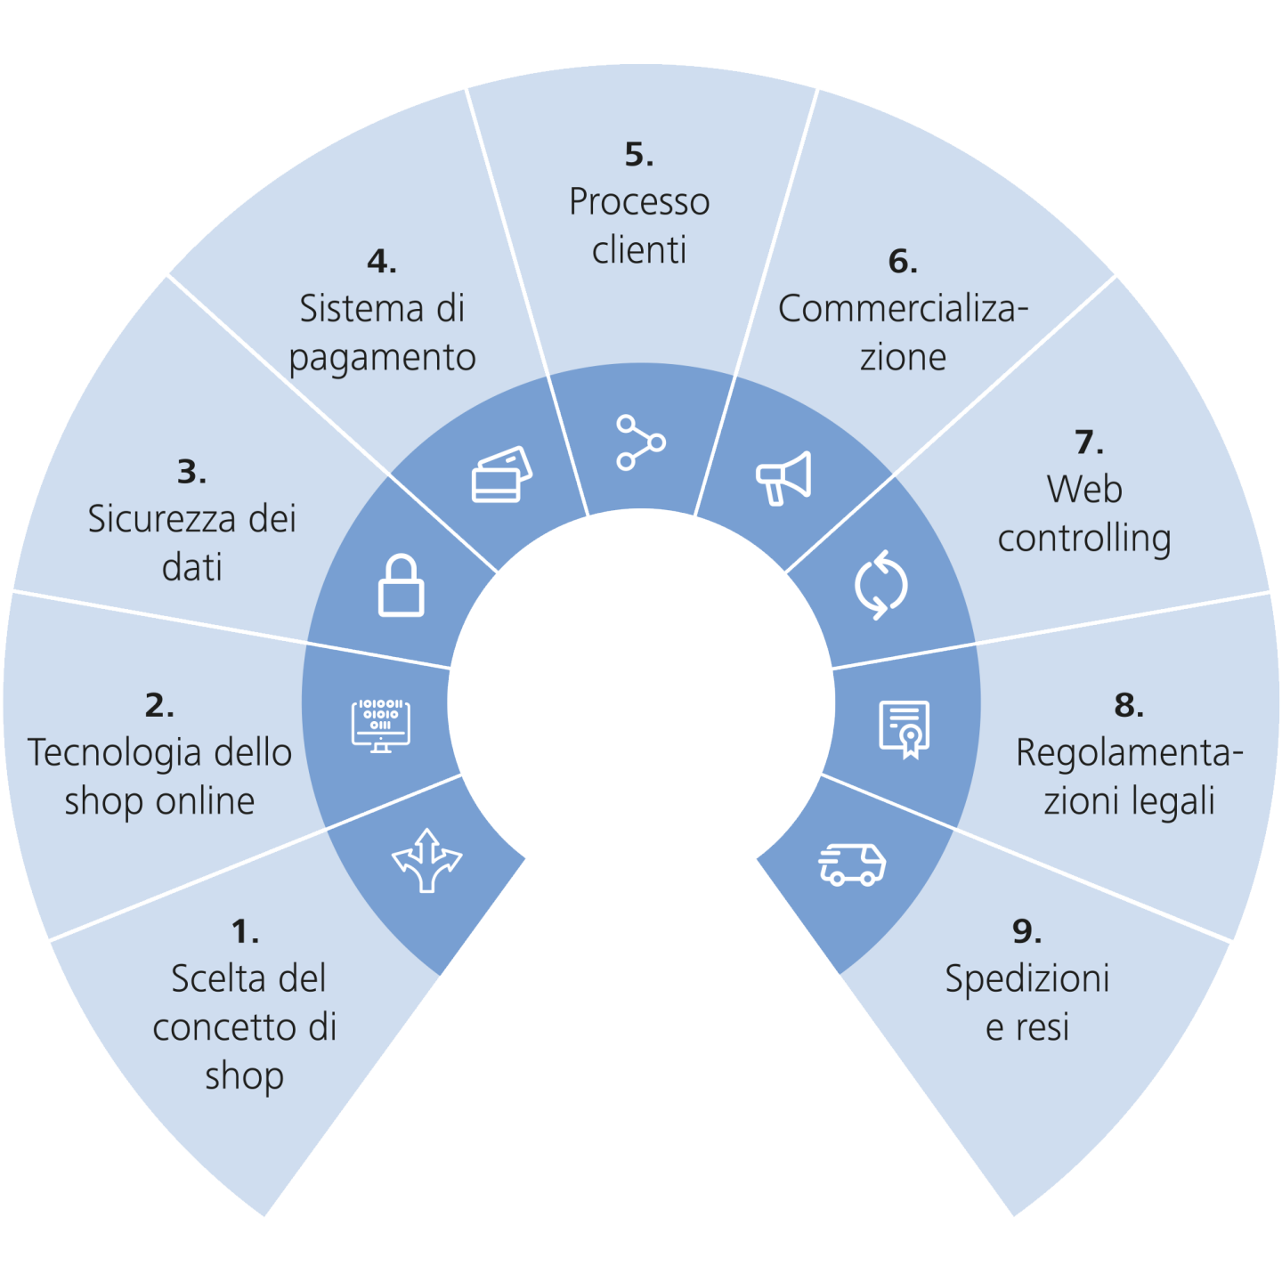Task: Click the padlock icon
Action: pyautogui.click(x=401, y=586)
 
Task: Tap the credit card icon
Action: pyautogui.click(x=501, y=475)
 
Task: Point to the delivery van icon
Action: pyautogui.click(x=852, y=864)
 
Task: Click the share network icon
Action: pyautogui.click(x=640, y=442)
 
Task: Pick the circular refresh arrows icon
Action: pyautogui.click(x=880, y=585)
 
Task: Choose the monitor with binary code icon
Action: pyautogui.click(x=381, y=725)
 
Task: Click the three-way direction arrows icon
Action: pyautogui.click(x=427, y=860)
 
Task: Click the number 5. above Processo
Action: pyautogui.click(x=639, y=155)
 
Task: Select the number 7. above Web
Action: pyautogui.click(x=1088, y=442)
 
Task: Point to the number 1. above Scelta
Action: pyautogui.click(x=245, y=932)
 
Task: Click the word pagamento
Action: pyautogui.click(x=383, y=359)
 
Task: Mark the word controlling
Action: pyautogui.click(x=1083, y=539)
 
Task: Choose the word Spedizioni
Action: pyautogui.click(x=1026, y=978)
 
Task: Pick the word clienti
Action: pyautogui.click(x=639, y=250)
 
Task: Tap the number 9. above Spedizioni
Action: pyautogui.click(x=1026, y=932)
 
